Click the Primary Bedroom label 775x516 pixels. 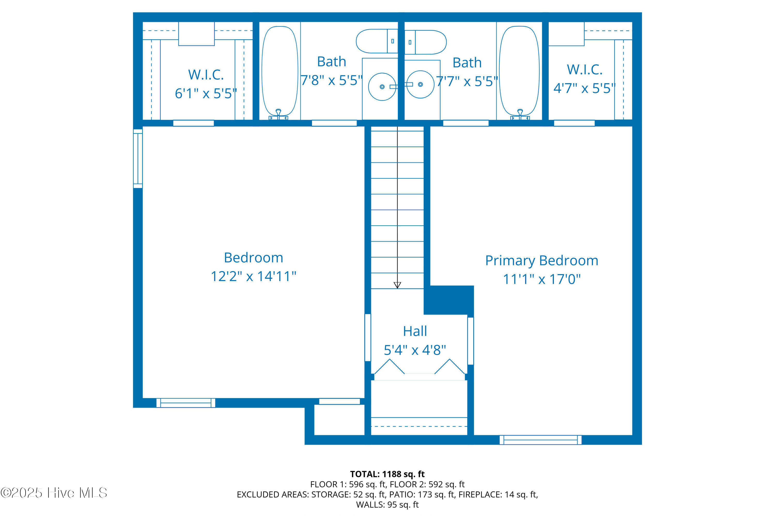tap(541, 261)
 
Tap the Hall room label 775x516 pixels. tap(415, 331)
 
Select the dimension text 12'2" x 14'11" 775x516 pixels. tap(253, 276)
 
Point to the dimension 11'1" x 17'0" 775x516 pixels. tap(541, 279)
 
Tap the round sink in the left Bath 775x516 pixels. tap(382, 86)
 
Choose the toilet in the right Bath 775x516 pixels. tap(425, 42)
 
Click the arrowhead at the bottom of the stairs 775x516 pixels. tap(397, 285)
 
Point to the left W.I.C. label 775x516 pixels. tap(206, 75)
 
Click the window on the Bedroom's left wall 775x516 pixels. tap(138, 158)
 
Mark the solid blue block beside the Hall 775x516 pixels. tap(449, 300)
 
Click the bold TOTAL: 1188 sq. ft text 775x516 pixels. tap(387, 474)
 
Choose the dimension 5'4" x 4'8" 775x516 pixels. tap(415, 350)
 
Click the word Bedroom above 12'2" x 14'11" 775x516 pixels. tap(253, 258)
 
